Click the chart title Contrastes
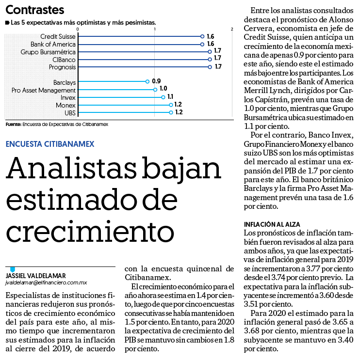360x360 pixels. coord(35,10)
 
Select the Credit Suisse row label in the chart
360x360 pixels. coord(58,36)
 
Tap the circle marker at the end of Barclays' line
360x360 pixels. coord(147,81)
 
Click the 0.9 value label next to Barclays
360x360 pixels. coord(156,81)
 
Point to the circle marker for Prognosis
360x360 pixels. coord(210,67)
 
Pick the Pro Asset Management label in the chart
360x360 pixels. coord(44,90)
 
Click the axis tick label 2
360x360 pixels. coord(232,29)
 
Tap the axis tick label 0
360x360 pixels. coord(78,29)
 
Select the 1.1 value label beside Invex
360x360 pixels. coord(170,96)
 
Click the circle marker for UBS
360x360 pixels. coord(171,112)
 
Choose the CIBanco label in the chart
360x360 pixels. coord(64,60)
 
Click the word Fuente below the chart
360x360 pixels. coord(13,125)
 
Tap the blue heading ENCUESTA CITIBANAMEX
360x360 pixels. coord(50,144)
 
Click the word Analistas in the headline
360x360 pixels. coord(71,168)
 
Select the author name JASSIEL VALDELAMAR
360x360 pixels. coord(35,276)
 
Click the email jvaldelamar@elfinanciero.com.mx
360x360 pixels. coord(46,283)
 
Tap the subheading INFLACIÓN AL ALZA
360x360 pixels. coord(272,224)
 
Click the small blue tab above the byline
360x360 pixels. coord(13,269)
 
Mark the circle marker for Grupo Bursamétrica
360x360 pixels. coord(210,52)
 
